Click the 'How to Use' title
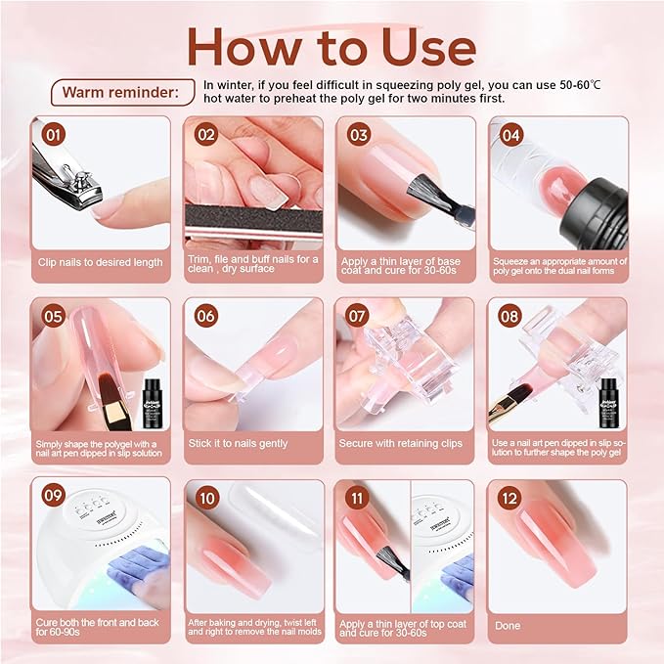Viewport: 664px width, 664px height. point(332,46)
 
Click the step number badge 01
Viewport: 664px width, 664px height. point(55,133)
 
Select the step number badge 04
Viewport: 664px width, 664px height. point(509,133)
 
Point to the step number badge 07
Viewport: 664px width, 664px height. point(357,315)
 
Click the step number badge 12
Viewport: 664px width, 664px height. point(509,494)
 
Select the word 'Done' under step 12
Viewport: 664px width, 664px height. point(509,625)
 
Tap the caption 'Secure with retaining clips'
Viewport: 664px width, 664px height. point(401,443)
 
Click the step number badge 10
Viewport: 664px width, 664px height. point(206,494)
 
